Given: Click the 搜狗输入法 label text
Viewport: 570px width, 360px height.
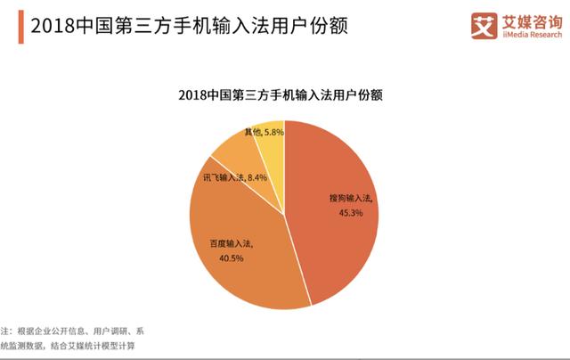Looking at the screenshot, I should [x=349, y=199].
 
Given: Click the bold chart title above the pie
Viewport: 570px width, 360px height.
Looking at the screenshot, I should [x=285, y=94].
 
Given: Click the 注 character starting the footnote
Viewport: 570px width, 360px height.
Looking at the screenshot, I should [x=4, y=330].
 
